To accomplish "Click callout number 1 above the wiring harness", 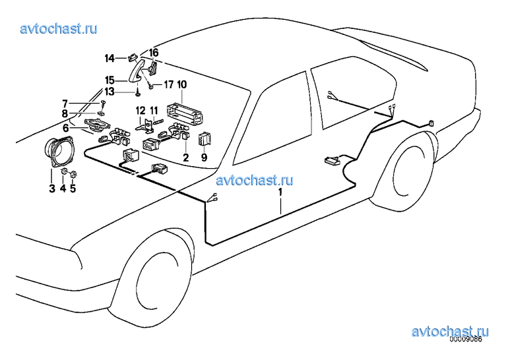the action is (280, 192).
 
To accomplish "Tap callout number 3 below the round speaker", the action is (51, 188).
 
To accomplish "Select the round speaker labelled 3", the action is (59, 153).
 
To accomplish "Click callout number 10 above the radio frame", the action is (181, 84).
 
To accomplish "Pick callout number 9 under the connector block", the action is (204, 158).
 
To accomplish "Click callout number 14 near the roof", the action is (110, 59).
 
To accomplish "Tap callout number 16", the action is (154, 52).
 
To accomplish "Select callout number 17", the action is (168, 84).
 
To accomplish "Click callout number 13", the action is (110, 92).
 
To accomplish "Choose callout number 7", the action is (65, 104).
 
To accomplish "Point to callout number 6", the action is (66, 128).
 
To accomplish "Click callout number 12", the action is (141, 111).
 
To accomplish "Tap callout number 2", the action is (185, 158).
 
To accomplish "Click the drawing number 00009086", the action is (465, 340).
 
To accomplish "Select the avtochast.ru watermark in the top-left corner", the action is (59, 28).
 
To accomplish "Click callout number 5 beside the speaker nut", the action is (73, 188).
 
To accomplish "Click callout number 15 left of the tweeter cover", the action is (110, 80).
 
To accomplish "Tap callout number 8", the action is (65, 113).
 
